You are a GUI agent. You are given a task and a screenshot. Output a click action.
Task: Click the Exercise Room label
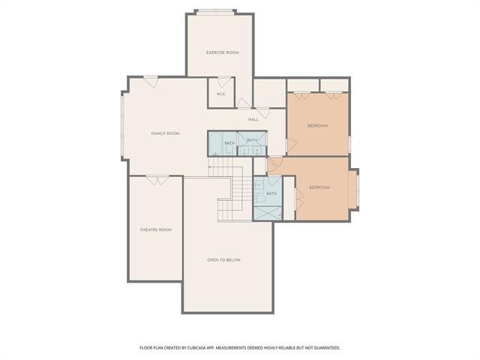[x=223, y=52]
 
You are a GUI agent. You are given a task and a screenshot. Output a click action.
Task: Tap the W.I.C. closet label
[x=222, y=94]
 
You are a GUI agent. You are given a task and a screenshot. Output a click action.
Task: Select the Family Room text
[x=165, y=133]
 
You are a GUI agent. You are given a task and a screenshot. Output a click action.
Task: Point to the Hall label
[x=253, y=119]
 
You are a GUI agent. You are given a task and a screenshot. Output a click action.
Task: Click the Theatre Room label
[x=155, y=229]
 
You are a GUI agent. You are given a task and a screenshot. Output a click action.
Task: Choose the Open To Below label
[x=223, y=260]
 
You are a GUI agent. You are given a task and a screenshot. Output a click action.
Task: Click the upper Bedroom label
[x=318, y=126]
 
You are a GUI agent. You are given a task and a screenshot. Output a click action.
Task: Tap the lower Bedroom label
[x=319, y=187]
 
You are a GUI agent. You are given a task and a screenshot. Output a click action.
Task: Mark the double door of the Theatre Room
[x=157, y=179]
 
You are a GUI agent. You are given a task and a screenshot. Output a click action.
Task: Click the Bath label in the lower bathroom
[x=271, y=193]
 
